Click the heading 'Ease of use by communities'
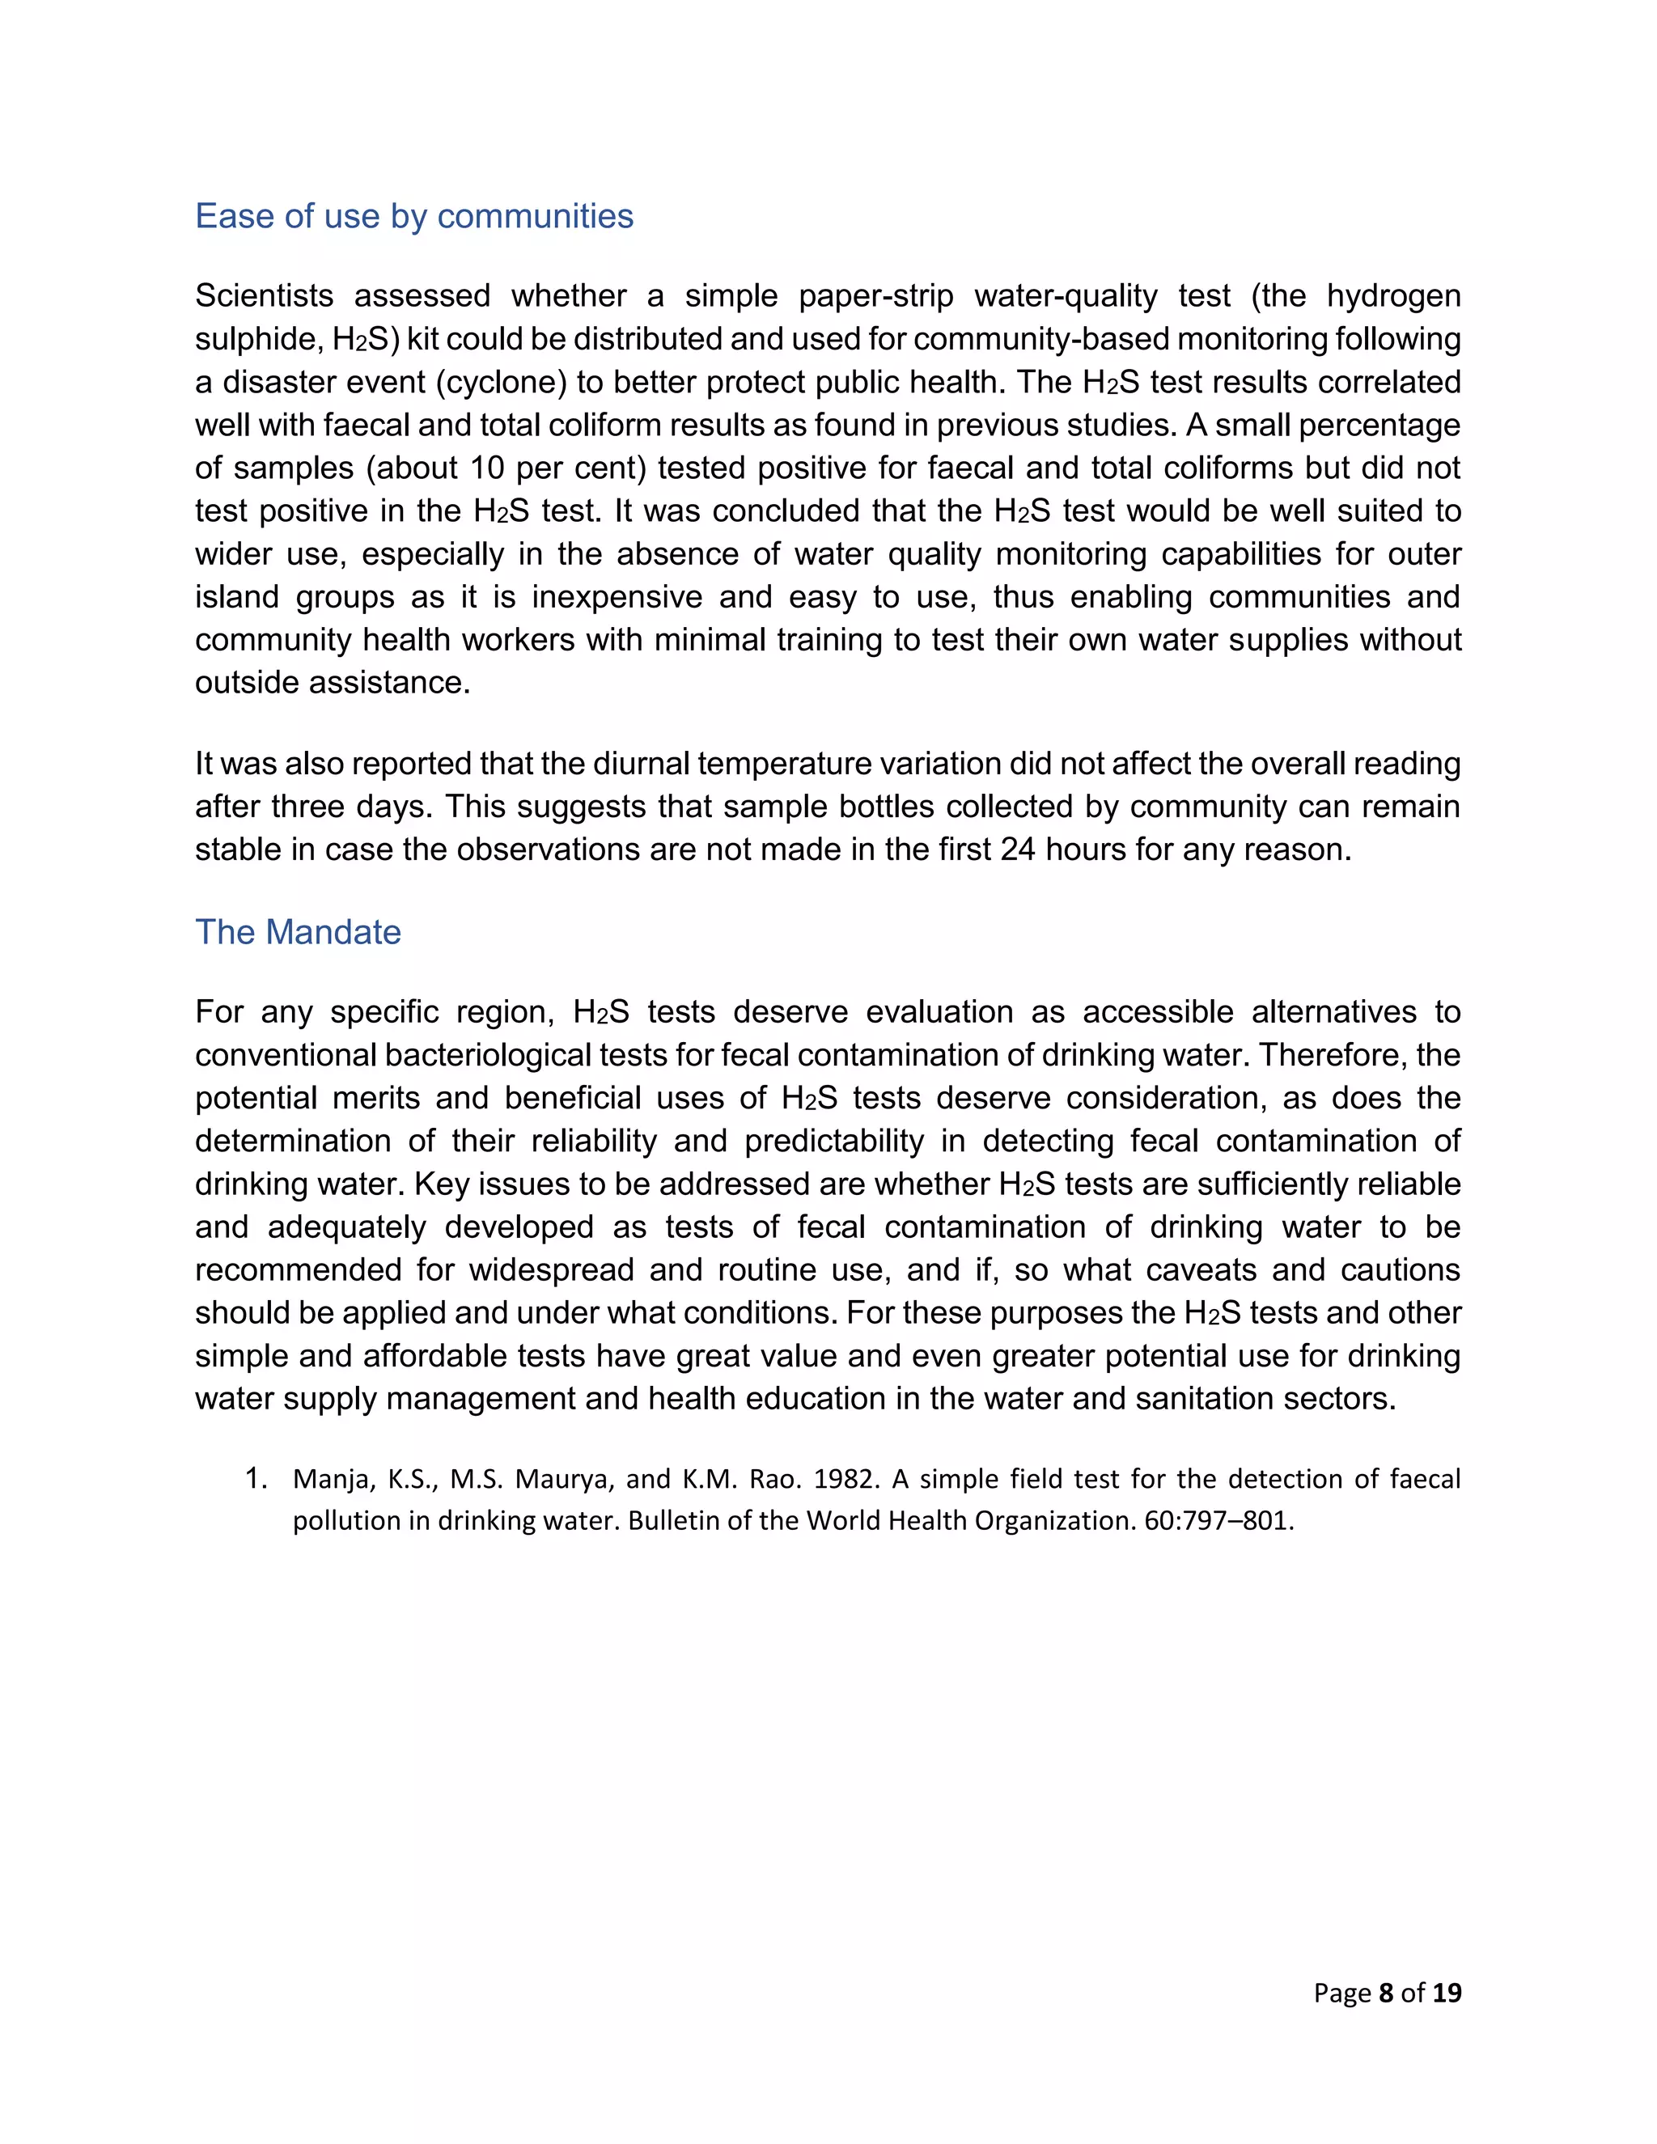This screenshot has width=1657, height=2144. pos(413,216)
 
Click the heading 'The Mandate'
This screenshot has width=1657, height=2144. pos(298,931)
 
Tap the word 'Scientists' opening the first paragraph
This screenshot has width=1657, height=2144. pos(264,295)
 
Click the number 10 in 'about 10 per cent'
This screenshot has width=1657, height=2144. pos(487,468)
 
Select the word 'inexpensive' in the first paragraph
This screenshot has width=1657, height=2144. pos(612,597)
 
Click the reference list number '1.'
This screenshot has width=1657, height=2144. pos(256,1478)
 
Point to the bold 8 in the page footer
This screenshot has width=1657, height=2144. pos(1385,1992)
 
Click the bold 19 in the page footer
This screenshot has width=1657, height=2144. pos(1446,1992)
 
